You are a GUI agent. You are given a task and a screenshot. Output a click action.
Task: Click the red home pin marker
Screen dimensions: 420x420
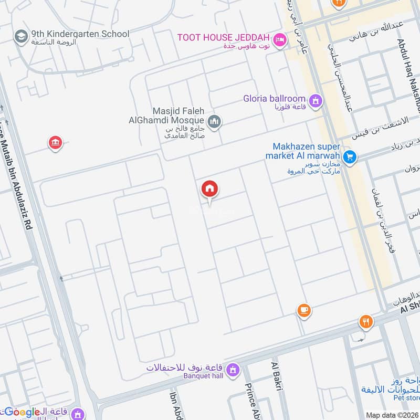pyautogui.click(x=210, y=190)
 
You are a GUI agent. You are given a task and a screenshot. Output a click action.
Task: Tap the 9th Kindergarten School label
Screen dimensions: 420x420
pyautogui.click(x=80, y=34)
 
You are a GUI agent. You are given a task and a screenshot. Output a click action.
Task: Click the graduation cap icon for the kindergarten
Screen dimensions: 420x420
pyautogui.click(x=21, y=36)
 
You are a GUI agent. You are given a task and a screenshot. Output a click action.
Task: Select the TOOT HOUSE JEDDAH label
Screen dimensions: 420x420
pyautogui.click(x=223, y=38)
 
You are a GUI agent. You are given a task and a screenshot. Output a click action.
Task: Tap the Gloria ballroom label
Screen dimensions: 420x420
pyautogui.click(x=274, y=99)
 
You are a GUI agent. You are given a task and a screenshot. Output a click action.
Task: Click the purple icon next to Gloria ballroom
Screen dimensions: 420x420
pyautogui.click(x=315, y=100)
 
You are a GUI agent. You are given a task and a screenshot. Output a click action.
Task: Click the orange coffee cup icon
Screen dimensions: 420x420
pyautogui.click(x=303, y=310)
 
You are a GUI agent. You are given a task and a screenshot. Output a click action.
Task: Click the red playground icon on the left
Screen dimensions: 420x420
pyautogui.click(x=55, y=142)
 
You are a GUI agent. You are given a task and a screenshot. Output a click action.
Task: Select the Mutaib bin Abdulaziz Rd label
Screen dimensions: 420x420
pyautogui.click(x=18, y=173)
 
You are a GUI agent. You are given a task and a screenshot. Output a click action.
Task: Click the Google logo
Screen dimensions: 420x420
pyautogui.click(x=21, y=412)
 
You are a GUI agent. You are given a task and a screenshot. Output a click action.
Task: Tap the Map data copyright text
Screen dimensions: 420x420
pyautogui.click(x=392, y=415)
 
